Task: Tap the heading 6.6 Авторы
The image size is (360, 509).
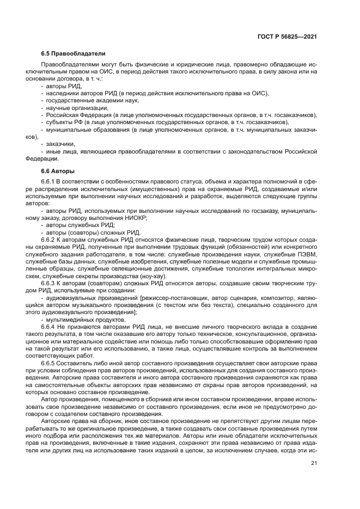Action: point(58,171)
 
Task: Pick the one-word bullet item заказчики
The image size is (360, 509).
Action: point(61,144)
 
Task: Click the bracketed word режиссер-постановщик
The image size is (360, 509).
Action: point(176,297)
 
